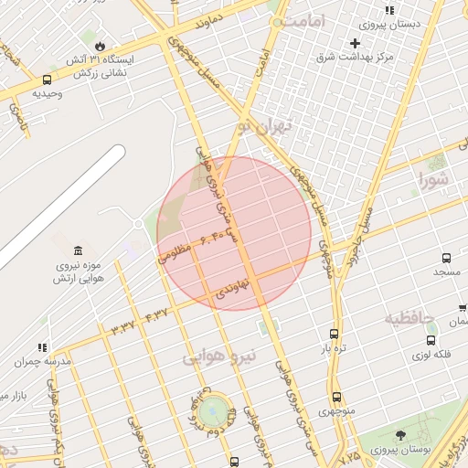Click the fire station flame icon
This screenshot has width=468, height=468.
100,44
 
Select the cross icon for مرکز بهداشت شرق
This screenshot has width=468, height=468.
356,43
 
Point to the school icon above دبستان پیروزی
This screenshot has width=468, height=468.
389,10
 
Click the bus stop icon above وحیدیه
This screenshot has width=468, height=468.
47,80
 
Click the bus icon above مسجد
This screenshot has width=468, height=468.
446,259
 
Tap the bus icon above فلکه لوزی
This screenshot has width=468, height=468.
431,340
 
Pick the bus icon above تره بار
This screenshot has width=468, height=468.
334,334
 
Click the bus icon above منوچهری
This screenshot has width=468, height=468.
336,397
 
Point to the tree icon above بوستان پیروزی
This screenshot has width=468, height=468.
400,435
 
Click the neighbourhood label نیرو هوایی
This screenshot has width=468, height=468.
219,356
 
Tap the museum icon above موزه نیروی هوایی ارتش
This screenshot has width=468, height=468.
78,250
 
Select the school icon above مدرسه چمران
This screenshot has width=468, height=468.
41,347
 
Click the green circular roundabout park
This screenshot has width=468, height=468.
212,409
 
